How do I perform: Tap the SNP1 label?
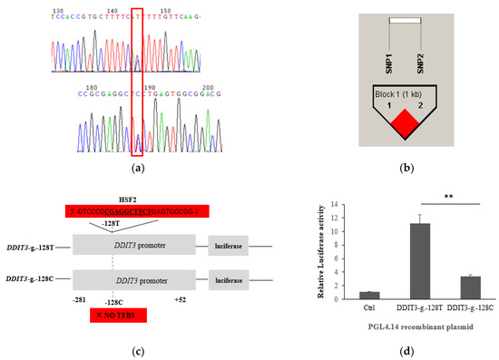point(390,63)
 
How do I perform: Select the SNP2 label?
point(420,63)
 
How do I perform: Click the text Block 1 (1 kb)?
point(404,92)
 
